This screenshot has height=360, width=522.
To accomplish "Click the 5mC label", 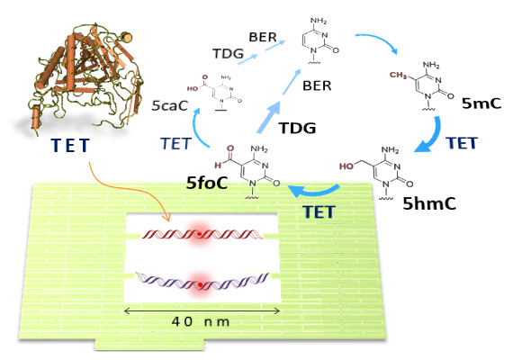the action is (481, 103).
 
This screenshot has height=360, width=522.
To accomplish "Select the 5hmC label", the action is (429, 203).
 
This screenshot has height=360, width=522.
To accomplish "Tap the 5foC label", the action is (207, 183).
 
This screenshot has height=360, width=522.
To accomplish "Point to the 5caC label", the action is (170, 105).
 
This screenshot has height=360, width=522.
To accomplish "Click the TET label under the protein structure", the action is (70, 145).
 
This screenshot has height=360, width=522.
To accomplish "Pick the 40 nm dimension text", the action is (201, 321).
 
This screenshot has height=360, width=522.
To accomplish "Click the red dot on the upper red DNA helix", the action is (199, 234).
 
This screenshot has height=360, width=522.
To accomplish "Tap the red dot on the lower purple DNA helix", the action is (200, 285).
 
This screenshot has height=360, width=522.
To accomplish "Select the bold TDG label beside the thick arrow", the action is (297, 128).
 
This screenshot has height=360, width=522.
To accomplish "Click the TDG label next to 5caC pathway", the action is (228, 53).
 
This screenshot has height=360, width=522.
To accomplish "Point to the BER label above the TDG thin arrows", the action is (263, 37).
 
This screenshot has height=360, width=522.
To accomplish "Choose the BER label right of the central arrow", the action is (317, 85).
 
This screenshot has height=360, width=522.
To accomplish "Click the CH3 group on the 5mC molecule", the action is (399, 76).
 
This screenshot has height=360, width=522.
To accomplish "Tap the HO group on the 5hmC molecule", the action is (346, 166).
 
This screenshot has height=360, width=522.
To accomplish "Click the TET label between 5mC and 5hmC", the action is (462, 143).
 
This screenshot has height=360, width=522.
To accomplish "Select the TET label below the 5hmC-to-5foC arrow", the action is (319, 212).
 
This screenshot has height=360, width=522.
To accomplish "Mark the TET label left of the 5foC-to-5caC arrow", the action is (175, 143).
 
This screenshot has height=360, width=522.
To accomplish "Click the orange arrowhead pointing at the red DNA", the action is (166, 218).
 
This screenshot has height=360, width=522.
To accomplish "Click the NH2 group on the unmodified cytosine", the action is (319, 21).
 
